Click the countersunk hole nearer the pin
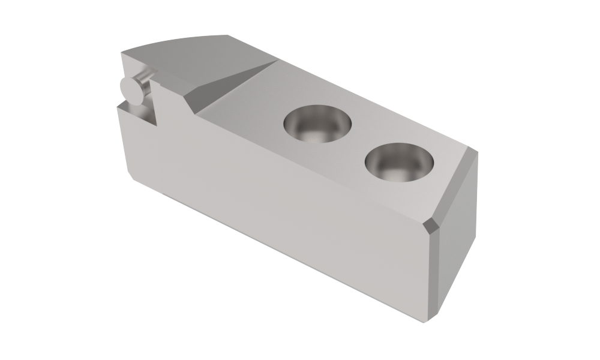[317, 125]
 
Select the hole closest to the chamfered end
[400, 162]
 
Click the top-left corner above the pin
[121, 53]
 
